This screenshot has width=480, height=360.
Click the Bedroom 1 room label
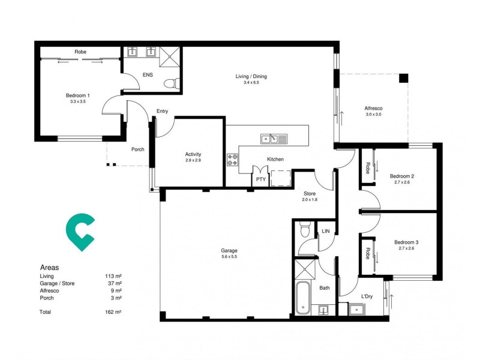[78, 95]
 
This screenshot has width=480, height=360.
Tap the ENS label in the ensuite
[148, 75]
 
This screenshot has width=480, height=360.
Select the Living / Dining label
[251, 76]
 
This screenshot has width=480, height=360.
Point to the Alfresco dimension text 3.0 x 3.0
[373, 114]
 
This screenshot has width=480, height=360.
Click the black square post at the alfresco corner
[403, 78]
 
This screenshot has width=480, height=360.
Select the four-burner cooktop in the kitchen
[232, 160]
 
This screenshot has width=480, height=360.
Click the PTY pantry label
[260, 179]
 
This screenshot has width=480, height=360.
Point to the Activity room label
[193, 154]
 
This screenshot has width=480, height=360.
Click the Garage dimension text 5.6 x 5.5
[229, 257]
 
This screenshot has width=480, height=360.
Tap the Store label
[310, 193]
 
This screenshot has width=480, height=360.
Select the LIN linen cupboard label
[326, 231]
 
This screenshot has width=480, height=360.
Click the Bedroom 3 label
[406, 242]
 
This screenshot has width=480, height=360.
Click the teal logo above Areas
[79, 232]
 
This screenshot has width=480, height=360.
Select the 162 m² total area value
[113, 313]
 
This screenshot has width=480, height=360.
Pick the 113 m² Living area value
[113, 276]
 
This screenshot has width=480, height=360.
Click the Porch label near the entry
[137, 149]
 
